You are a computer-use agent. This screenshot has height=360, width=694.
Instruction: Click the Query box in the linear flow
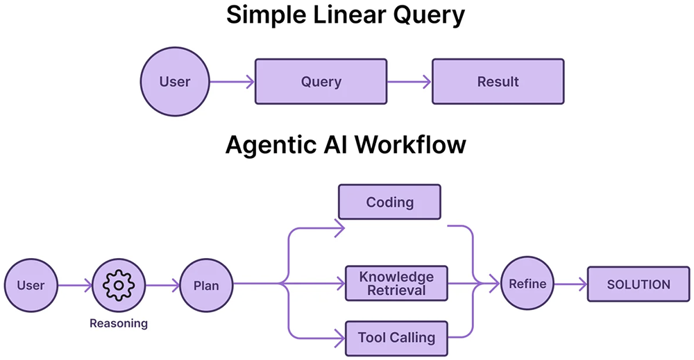tap(321, 82)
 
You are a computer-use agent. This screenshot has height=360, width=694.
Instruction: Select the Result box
tap(498, 82)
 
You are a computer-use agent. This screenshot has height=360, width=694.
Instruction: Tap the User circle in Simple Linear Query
tap(175, 82)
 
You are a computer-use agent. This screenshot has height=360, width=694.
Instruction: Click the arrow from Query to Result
tap(409, 82)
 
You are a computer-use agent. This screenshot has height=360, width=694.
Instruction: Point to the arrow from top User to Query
tap(232, 82)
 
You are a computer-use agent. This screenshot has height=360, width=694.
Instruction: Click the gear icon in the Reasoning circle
tap(118, 284)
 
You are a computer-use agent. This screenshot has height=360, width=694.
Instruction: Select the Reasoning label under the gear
tap(119, 323)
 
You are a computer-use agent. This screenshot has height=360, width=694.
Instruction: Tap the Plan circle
tap(205, 284)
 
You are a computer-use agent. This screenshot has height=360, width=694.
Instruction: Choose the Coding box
tap(389, 203)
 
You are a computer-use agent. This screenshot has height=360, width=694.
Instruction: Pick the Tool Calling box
tap(396, 338)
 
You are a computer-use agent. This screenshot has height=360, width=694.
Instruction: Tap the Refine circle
tap(527, 284)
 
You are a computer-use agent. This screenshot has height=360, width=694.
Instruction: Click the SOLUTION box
tap(638, 284)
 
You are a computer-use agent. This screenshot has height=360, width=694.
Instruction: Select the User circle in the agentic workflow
tap(31, 284)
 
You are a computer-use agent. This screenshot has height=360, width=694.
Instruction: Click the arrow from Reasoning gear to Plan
tap(162, 284)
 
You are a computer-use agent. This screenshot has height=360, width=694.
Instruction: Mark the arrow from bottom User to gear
tap(74, 284)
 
